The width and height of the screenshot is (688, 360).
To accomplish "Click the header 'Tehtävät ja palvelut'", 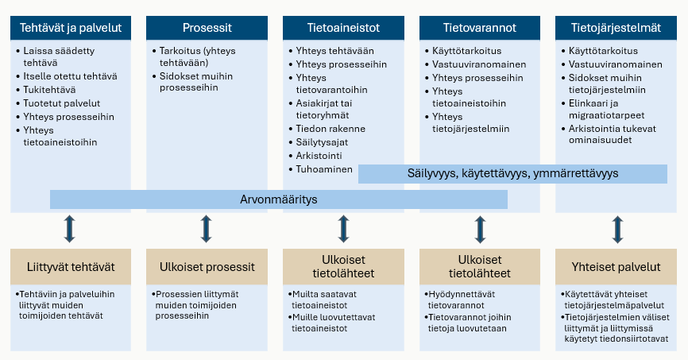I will pyautogui.click(x=71, y=28).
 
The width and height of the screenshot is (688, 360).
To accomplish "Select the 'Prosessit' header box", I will pyautogui.click(x=207, y=28).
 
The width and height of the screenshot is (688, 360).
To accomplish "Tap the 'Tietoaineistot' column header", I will pyautogui.click(x=343, y=28).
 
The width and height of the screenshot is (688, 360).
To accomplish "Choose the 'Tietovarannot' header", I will pyautogui.click(x=480, y=28).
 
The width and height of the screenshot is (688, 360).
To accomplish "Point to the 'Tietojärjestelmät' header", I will pyautogui.click(x=616, y=28).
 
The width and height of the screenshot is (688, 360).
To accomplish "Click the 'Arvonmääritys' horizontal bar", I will pyautogui.click(x=278, y=199).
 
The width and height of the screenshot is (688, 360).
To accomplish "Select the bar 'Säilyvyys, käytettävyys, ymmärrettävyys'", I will pyautogui.click(x=512, y=173).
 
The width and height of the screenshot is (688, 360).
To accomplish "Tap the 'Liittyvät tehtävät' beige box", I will pyautogui.click(x=71, y=267).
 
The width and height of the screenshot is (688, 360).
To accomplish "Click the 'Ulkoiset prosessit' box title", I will pyautogui.click(x=207, y=267).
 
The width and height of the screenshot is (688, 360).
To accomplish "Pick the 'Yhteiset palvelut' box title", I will pyautogui.click(x=616, y=267).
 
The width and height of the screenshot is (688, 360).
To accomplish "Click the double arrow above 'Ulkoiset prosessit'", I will pyautogui.click(x=207, y=229).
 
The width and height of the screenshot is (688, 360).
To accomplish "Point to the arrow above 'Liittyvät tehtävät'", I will pyautogui.click(x=70, y=229).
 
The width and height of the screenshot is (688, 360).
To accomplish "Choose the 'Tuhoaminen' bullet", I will pyautogui.click(x=323, y=170).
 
